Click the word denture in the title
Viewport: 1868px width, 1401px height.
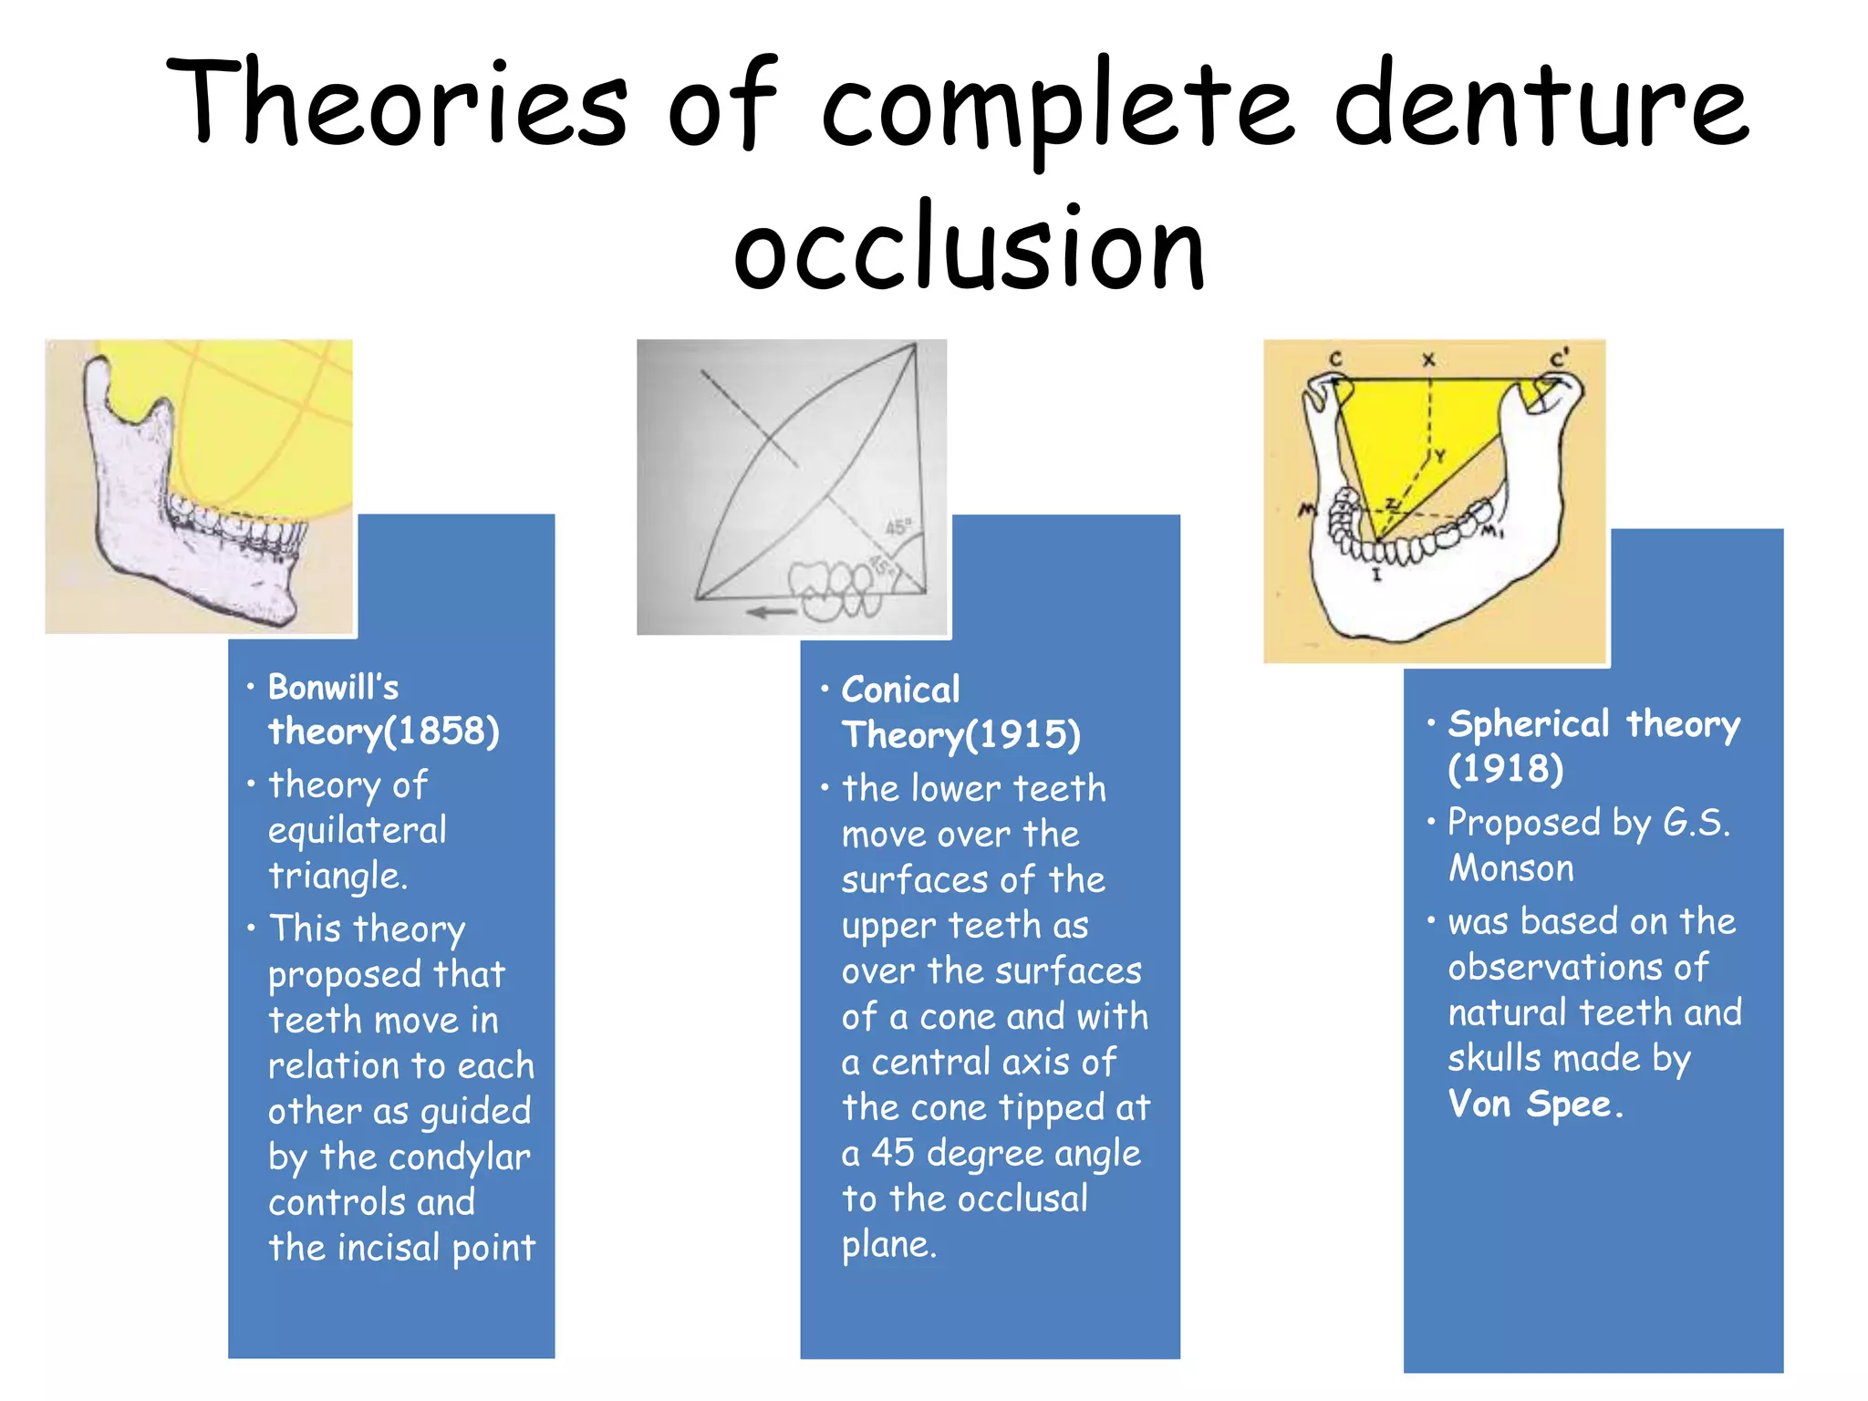tap(1541, 105)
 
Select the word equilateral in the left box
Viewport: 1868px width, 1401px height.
tap(358, 830)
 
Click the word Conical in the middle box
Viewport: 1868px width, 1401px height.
tap(900, 690)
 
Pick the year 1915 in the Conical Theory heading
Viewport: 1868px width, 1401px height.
tap(1022, 735)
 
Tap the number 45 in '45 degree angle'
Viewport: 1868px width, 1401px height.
tap(892, 1153)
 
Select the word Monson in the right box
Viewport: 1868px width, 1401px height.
tap(1511, 867)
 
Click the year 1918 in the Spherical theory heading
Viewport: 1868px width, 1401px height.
tap(1506, 768)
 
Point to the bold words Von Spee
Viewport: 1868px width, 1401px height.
tap(1531, 1104)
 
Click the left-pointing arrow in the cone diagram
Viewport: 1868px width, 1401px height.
tap(771, 612)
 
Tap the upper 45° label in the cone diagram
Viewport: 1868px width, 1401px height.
tap(898, 527)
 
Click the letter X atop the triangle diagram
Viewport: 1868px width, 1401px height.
tap(1428, 360)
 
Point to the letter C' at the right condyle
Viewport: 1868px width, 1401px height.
tap(1561, 358)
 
